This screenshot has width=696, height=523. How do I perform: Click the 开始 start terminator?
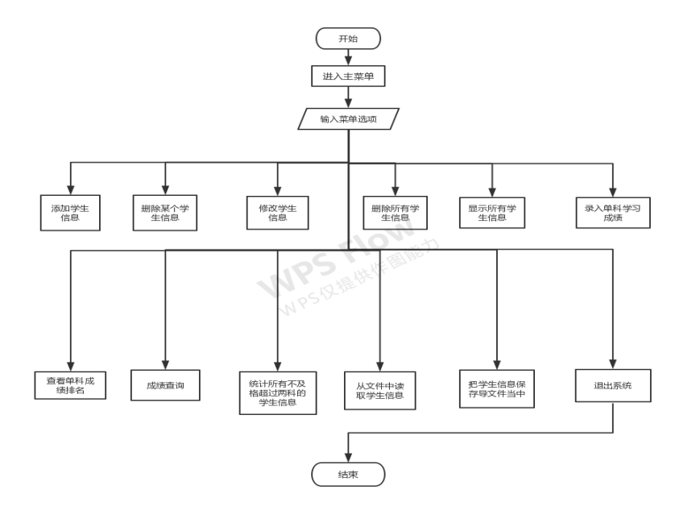348,39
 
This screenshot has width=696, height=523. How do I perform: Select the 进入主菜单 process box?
348,77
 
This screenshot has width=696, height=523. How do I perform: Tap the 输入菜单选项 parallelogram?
348,119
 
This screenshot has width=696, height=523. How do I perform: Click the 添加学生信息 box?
70,212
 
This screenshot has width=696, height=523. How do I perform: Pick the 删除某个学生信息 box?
165,212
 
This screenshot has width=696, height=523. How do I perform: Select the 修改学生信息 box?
278,212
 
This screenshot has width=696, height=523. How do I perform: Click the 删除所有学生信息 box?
395,212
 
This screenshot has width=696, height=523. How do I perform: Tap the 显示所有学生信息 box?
491,212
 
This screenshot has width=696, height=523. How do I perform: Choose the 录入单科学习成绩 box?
612,212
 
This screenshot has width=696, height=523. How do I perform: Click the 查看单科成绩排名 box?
71,386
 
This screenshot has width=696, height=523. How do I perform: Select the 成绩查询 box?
166,386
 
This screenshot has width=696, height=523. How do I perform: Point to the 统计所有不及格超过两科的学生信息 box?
278,392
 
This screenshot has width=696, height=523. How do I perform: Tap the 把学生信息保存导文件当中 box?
496,388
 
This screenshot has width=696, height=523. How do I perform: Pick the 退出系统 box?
613,386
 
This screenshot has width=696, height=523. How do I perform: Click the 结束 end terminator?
348,475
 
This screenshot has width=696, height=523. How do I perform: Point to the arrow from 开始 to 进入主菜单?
348,57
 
